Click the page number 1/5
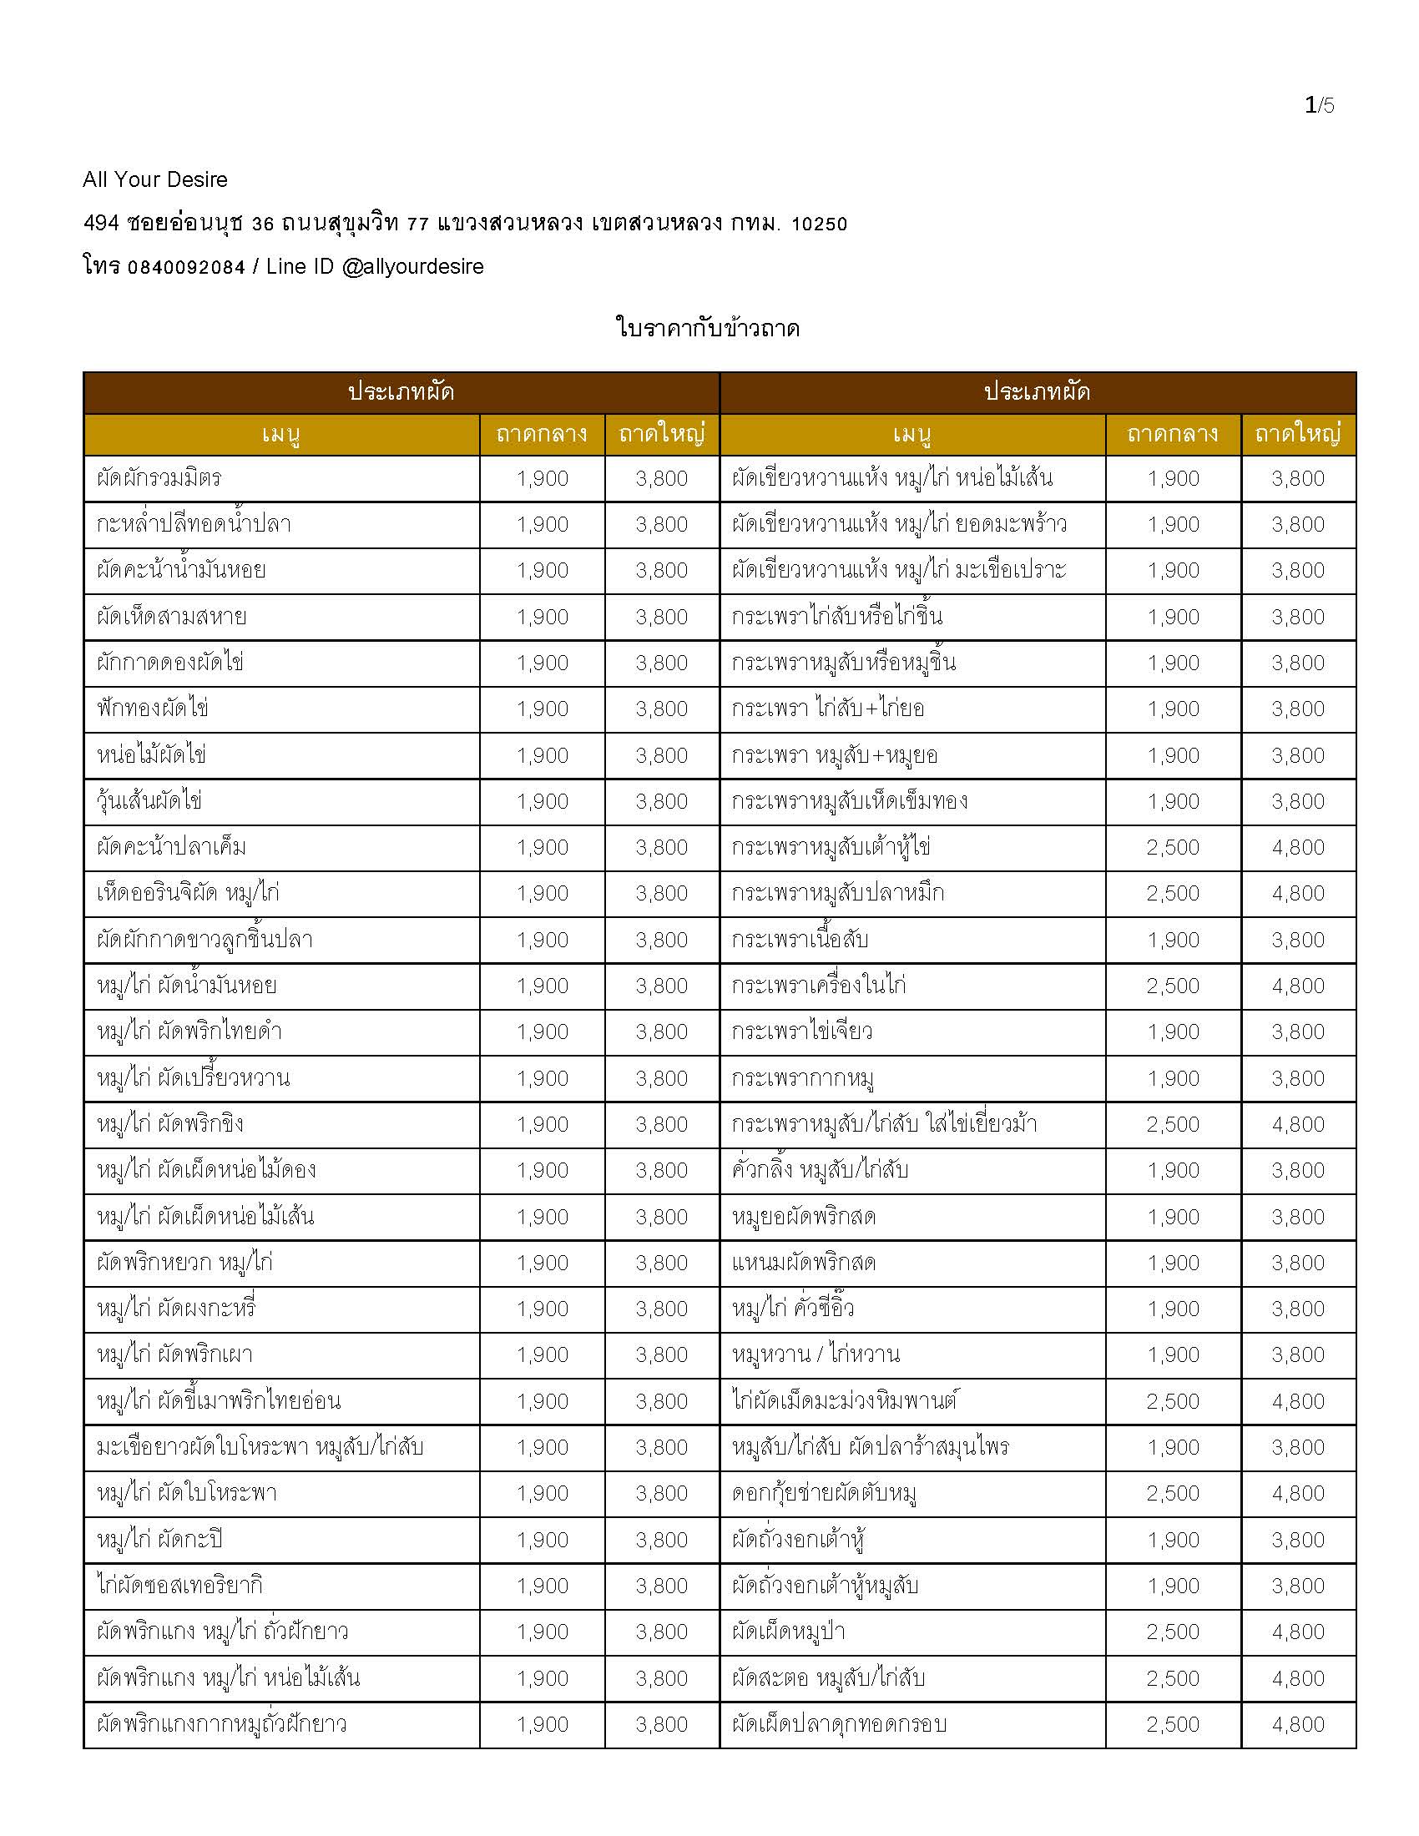1319,105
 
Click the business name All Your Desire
154,179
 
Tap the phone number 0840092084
186,267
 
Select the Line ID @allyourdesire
412,266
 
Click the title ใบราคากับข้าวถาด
708,328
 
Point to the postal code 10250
819,224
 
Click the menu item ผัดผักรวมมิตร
159,478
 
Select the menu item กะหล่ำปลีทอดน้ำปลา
194,525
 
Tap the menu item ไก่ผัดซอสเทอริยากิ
180,1586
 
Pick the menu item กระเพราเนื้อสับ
800,940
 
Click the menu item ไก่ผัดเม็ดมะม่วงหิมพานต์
845,1400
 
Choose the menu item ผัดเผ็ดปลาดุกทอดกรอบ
839,1724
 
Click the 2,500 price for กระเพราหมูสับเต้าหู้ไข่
1173,847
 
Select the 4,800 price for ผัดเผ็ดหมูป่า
1298,1632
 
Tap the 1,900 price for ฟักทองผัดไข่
543,709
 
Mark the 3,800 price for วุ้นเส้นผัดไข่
662,801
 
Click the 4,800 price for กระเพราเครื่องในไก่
1298,986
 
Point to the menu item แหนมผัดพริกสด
804,1263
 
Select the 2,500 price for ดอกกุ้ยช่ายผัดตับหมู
1173,1493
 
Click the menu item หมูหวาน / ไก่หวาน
816,1354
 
